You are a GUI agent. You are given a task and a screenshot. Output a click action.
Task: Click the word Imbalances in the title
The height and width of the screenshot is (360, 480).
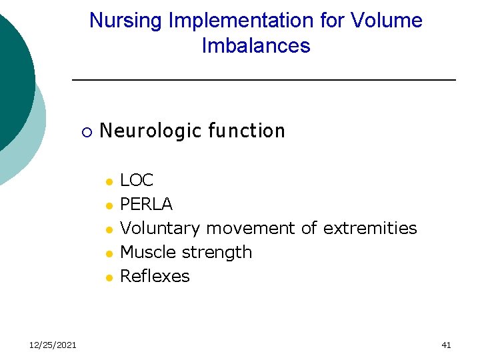pos(256,46)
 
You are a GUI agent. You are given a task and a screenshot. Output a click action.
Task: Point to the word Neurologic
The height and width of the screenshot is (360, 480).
pos(150,131)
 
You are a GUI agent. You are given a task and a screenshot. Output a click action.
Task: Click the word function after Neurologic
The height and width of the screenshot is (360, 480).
pos(246,131)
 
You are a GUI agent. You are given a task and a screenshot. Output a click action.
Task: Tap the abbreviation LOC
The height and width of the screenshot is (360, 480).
pos(137,181)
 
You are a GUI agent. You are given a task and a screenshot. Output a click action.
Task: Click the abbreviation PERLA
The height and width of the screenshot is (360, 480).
pos(146,205)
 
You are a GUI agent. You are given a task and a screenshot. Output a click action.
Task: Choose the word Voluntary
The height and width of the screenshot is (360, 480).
pos(159,229)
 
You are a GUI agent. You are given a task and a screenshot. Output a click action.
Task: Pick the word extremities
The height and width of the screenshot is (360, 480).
pos(370,229)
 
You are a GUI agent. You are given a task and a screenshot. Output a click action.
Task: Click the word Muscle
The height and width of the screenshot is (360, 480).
pos(145,253)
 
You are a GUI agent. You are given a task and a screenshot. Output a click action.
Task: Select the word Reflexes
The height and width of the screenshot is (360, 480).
pos(155,277)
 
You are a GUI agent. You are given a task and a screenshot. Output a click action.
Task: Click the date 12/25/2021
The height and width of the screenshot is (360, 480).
pos(53,345)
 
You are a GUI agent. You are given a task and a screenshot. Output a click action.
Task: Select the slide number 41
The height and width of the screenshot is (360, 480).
pos(446,345)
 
